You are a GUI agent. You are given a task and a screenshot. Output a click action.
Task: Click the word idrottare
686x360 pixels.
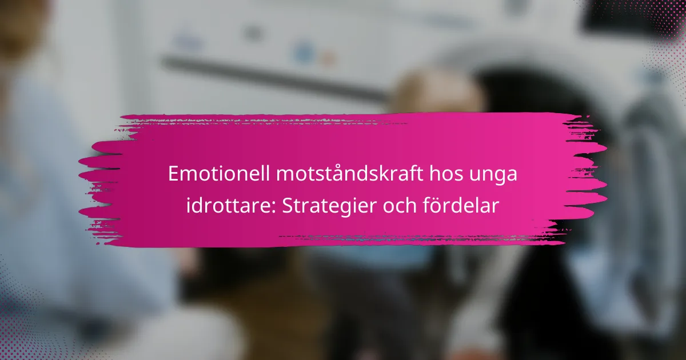pyautogui.click(x=228, y=206)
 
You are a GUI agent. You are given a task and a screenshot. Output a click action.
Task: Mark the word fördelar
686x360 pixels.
pyautogui.click(x=461, y=205)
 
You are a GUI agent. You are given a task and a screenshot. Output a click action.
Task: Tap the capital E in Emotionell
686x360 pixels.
pyautogui.click(x=174, y=174)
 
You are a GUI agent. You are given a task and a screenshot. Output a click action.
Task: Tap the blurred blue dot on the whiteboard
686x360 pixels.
pyautogui.click(x=304, y=53)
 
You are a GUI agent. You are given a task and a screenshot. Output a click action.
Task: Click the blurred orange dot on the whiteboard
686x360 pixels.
pyautogui.click(x=328, y=58)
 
